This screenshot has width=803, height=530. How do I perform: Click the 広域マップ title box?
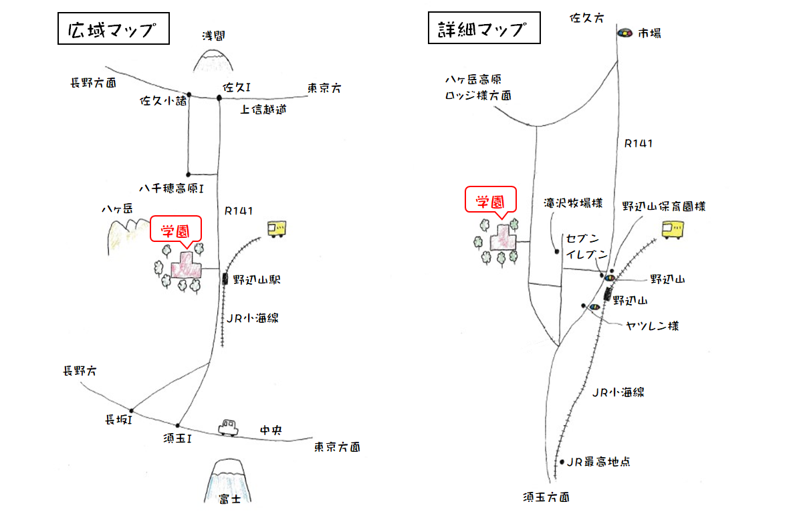[x=112, y=30]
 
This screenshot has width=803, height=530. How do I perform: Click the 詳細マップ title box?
[x=483, y=30]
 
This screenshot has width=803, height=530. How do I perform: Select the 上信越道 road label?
[x=263, y=110]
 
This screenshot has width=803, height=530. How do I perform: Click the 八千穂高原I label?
[x=170, y=189]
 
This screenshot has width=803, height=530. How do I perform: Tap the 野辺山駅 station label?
[x=257, y=281]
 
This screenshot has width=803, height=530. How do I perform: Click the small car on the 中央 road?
[x=228, y=427]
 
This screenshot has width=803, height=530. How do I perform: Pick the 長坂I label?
[x=118, y=420]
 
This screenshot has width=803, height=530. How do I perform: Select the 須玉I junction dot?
[x=178, y=426]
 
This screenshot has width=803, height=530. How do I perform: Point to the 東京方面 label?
[x=337, y=447]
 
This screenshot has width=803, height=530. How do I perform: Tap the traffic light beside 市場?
[x=624, y=32]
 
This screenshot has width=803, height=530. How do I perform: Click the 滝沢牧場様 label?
[x=574, y=203]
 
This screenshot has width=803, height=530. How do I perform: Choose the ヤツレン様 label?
[x=653, y=326]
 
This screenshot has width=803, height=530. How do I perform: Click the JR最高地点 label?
[x=599, y=462]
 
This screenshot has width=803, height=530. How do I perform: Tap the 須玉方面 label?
[x=547, y=497]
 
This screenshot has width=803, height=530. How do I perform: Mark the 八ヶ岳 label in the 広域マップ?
[x=117, y=209]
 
